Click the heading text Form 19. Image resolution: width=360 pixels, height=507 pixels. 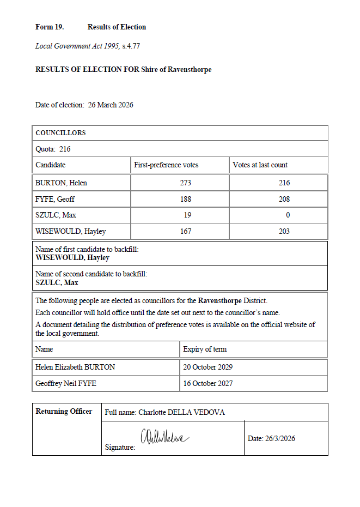point(50,27)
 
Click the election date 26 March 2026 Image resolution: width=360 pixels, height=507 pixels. point(111,105)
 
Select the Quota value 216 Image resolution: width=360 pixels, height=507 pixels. point(65,149)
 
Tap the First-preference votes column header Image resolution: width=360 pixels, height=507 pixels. point(166,165)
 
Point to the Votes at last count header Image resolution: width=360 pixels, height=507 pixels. point(260,165)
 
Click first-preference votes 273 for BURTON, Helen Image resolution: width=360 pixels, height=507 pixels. point(185,183)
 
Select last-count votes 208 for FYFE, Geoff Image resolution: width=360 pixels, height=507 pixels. point(284,199)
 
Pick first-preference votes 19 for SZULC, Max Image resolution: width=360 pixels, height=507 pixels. point(187,215)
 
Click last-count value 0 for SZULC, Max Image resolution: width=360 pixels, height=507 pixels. point(288,215)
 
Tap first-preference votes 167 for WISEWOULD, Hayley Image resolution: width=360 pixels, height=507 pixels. point(185,232)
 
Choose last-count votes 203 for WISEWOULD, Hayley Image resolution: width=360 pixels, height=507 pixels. point(284,232)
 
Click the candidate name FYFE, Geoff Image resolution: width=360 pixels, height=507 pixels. point(55,199)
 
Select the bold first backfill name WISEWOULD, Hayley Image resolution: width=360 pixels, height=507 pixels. point(72,258)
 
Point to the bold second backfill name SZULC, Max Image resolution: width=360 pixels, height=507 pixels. point(57,282)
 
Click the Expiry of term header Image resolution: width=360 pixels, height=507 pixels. point(205,349)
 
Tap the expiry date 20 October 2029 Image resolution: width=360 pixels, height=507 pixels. point(208,367)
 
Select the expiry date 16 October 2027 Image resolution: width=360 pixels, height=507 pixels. point(208,383)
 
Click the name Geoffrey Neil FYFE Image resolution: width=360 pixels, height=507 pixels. point(65,383)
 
